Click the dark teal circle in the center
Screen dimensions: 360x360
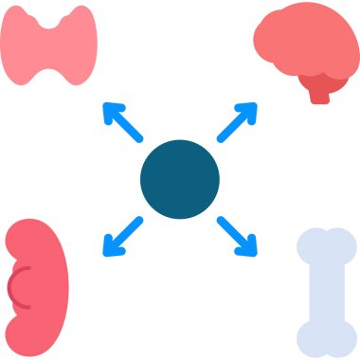coord(180,179)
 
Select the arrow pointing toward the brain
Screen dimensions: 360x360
coord(237,122)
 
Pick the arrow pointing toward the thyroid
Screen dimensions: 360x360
coord(122,122)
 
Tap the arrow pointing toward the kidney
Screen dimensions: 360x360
coord(122,236)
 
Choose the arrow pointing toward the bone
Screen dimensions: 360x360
coord(237,236)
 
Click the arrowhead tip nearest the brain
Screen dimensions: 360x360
coord(255,105)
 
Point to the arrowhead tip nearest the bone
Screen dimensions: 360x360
coord(255,254)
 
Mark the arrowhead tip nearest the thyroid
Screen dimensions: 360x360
coord(104,105)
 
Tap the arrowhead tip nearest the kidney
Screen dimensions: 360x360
coord(104,254)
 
